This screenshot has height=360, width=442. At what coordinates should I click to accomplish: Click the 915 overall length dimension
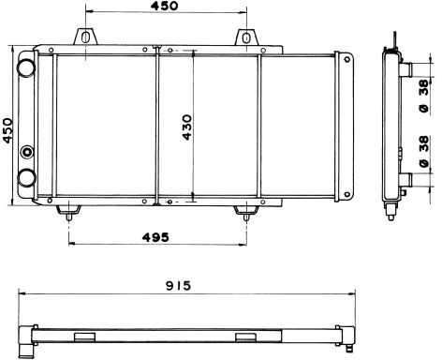pyautogui.click(x=178, y=286)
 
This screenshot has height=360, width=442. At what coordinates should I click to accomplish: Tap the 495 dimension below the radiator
pyautogui.click(x=155, y=237)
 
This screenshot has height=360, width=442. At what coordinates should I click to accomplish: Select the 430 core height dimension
pyautogui.click(x=187, y=127)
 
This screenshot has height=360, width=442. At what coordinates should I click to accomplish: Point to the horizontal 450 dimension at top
pyautogui.click(x=165, y=6)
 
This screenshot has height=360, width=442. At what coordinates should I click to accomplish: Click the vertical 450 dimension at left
pyautogui.click(x=7, y=130)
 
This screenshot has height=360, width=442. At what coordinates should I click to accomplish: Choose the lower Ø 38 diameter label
pyautogui.click(x=424, y=152)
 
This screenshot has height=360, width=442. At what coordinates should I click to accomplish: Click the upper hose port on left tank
pyautogui.click(x=26, y=67)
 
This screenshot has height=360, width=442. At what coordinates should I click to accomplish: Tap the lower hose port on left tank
pyautogui.click(x=26, y=178)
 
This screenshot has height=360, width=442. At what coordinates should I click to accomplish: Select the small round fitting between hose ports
pyautogui.click(x=27, y=152)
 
